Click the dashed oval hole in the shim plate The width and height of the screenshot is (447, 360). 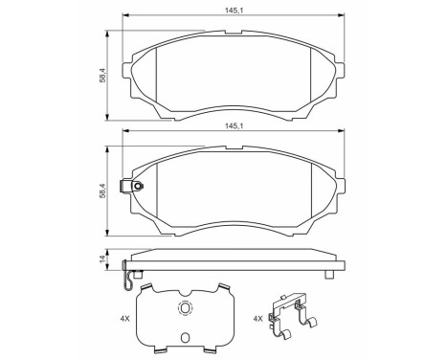pyautogui.click(x=185, y=307)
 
